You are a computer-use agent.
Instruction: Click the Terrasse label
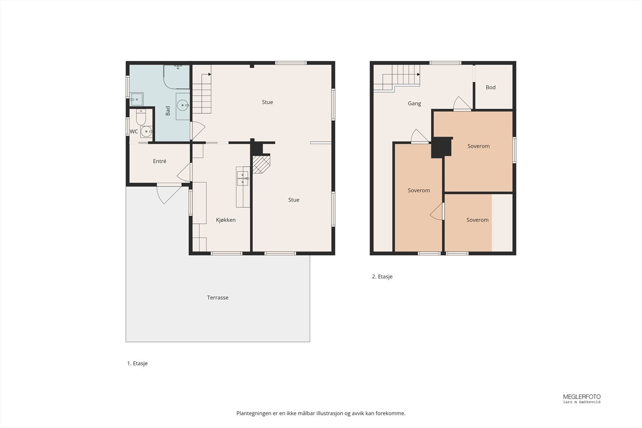pyautogui.click(x=218, y=297)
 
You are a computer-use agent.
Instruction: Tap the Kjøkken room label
pyautogui.click(x=226, y=220)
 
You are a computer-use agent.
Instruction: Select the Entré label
pyautogui.click(x=160, y=161)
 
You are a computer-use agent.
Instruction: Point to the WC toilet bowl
pyautogui.click(x=141, y=117)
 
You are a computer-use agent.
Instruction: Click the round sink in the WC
pyautogui.click(x=146, y=132)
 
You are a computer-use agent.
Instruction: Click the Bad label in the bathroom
pyautogui.click(x=168, y=111)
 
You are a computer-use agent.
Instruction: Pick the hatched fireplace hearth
pyautogui.click(x=261, y=164)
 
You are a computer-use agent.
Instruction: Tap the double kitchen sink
pyautogui.click(x=242, y=178)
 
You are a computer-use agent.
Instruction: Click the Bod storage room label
pyautogui.click(x=491, y=87)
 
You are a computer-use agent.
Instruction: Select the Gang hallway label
pyautogui.click(x=414, y=103)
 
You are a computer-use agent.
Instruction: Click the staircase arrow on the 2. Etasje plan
pyautogui.click(x=419, y=75)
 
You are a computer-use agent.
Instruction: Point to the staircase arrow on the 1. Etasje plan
pyautogui.click(x=209, y=75)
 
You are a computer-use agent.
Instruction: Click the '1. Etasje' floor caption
pyautogui.click(x=137, y=363)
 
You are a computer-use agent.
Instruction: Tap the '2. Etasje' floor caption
pyautogui.click(x=382, y=276)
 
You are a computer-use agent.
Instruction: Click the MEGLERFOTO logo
pyautogui.click(x=582, y=398)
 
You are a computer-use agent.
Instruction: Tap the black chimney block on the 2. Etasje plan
pyautogui.click(x=442, y=148)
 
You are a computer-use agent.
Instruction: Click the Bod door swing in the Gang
pyautogui.click(x=462, y=103)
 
